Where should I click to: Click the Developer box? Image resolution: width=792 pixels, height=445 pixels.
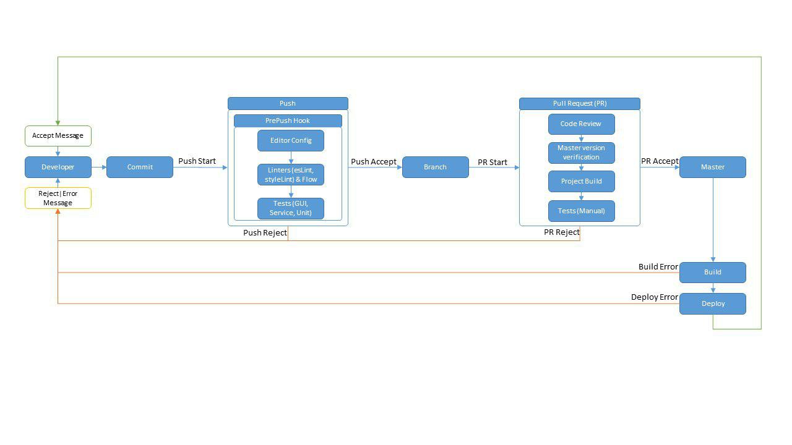pyautogui.click(x=58, y=167)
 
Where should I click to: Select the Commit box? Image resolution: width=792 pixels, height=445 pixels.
pyautogui.click(x=140, y=167)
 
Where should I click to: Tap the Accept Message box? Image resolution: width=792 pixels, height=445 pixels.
pyautogui.click(x=58, y=136)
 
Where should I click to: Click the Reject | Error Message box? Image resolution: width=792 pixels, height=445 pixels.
pyautogui.click(x=58, y=198)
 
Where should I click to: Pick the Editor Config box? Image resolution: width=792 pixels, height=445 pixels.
pyautogui.click(x=291, y=140)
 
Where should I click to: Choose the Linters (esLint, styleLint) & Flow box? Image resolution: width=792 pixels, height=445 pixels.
pyautogui.click(x=291, y=174)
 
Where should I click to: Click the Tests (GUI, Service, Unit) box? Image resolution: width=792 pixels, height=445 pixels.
pyautogui.click(x=291, y=208)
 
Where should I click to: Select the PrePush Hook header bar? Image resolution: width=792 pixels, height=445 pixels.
pyautogui.click(x=288, y=121)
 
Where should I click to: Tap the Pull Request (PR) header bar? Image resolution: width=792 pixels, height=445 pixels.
pyautogui.click(x=580, y=103)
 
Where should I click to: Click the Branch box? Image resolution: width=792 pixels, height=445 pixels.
pyautogui.click(x=435, y=167)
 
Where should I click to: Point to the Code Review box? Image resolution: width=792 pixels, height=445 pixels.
pyautogui.click(x=581, y=124)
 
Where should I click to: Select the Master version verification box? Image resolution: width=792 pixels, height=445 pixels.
pyautogui.click(x=581, y=153)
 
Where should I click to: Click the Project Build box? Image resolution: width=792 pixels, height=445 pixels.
pyautogui.click(x=581, y=182)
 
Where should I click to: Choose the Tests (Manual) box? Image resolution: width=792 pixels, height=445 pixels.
pyautogui.click(x=581, y=211)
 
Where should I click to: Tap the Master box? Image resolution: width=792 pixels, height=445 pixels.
pyautogui.click(x=712, y=167)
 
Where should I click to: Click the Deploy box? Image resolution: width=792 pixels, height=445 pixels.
pyautogui.click(x=712, y=303)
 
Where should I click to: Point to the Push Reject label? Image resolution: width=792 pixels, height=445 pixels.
pyautogui.click(x=265, y=233)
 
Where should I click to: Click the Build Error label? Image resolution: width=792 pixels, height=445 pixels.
pyautogui.click(x=658, y=266)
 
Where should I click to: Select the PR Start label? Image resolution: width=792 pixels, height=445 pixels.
pyautogui.click(x=492, y=162)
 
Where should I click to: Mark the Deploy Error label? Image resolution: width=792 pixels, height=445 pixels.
pyautogui.click(x=655, y=297)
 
